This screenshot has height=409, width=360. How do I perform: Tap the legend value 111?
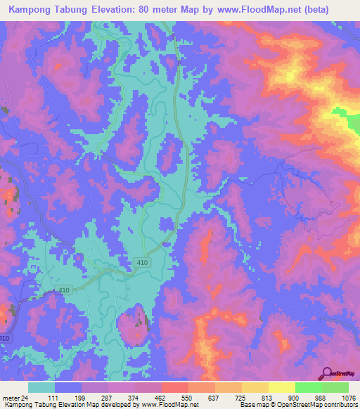tap(68, 398)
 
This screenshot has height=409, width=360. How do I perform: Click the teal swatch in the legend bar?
tap(41, 387)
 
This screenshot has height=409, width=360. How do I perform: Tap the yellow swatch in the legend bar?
tap(281, 387)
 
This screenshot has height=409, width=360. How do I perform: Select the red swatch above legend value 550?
tap(174, 387)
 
